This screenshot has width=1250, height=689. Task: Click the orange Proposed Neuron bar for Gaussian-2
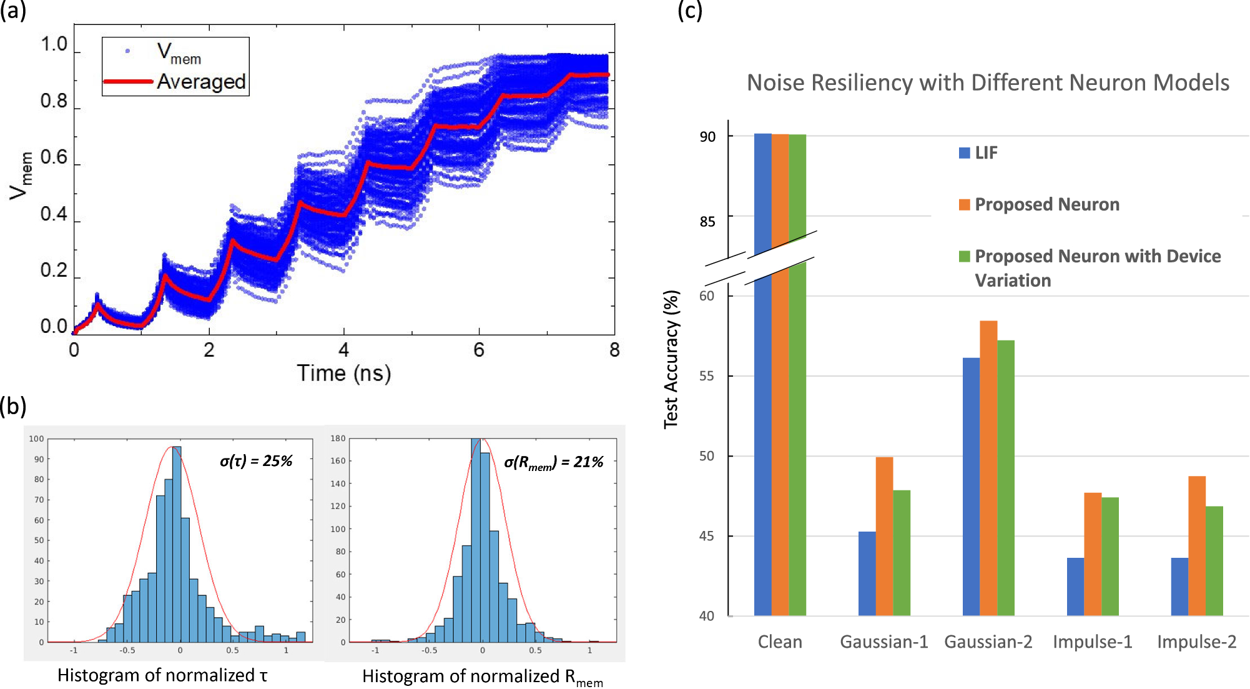click(x=988, y=468)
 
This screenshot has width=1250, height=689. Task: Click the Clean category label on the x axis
click(x=780, y=642)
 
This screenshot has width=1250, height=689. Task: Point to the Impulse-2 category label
click(x=1196, y=642)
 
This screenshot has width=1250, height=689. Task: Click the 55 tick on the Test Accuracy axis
click(x=707, y=376)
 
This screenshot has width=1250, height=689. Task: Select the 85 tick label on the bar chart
click(x=707, y=222)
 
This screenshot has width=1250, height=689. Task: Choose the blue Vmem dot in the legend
click(x=128, y=51)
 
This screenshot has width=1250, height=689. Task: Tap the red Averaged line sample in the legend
click(x=128, y=81)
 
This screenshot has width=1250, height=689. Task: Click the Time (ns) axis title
click(x=344, y=373)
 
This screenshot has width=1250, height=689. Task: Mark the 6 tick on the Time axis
click(x=479, y=350)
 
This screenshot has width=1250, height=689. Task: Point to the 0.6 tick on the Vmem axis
click(x=54, y=157)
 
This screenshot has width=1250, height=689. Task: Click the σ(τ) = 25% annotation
click(x=256, y=461)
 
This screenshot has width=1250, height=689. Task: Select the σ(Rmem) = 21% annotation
click(x=553, y=462)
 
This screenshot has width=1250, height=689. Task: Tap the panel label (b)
click(x=13, y=406)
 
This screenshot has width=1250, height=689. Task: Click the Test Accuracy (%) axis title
click(x=671, y=359)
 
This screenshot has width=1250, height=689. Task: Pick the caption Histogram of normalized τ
click(x=162, y=675)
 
